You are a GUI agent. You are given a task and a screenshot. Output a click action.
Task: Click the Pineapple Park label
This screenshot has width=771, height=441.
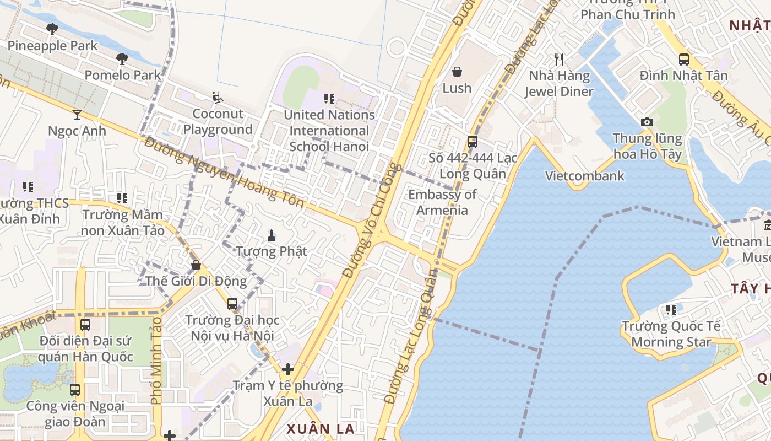pos(52,46)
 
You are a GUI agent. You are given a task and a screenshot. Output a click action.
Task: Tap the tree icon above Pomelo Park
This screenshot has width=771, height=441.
pos(122,59)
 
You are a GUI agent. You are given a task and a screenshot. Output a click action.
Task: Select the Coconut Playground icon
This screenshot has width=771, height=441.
pos(218,98)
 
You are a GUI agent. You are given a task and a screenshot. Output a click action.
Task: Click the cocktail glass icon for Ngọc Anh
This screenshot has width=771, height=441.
pos(77,115)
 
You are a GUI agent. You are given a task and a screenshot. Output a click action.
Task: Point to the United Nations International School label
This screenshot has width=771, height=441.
pos(329,131)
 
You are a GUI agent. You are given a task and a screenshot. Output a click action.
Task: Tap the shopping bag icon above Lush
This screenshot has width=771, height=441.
pos(457,72)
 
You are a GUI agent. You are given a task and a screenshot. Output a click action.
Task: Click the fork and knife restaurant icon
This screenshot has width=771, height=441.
pos(559,60)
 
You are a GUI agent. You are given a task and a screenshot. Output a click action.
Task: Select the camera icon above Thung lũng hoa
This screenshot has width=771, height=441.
pos(647,122)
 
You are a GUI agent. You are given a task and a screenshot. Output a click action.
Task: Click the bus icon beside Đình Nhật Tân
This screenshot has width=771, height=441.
pos(683,60)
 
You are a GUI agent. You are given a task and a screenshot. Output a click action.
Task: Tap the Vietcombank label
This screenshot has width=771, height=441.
pos(584,176)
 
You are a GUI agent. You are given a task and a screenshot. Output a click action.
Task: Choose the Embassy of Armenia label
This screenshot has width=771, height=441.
pos(442,202)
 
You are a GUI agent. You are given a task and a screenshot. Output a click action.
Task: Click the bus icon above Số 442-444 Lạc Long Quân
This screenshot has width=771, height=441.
pos(472,142)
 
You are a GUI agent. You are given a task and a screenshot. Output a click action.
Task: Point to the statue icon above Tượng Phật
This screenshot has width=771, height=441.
pos(271,235)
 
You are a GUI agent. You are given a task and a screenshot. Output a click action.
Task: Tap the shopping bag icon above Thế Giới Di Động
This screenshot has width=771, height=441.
pos(196,265)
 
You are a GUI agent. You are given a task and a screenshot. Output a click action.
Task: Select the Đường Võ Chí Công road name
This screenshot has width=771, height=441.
pos(373,220)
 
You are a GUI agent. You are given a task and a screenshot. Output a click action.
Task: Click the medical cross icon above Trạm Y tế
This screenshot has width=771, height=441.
pos(287,369)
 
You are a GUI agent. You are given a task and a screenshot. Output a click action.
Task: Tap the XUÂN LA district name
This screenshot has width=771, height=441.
pos(320,428)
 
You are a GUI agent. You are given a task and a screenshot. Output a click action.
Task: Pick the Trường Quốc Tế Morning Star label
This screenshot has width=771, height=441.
pos(671,334)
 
